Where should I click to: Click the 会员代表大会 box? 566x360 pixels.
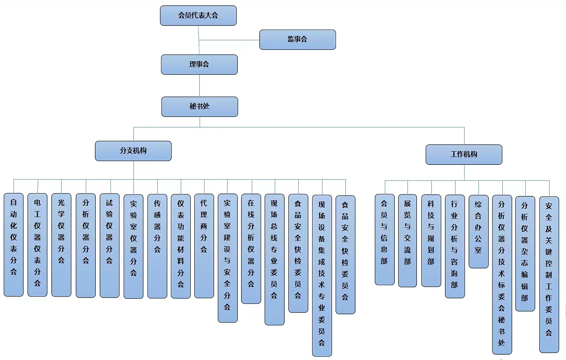coord(198,16)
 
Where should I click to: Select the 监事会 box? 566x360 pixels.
coord(297,39)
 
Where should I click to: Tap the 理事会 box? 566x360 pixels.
coord(199,65)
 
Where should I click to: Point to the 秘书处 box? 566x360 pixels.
coord(200,106)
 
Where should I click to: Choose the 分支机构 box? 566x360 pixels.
coord(133,151)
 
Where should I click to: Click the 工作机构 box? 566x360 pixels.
coord(464,155)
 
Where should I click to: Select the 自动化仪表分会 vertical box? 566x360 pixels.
coord(14,245)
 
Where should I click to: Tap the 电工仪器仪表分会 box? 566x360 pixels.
coord(37,245)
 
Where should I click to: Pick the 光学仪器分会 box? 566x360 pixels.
coord(61,245)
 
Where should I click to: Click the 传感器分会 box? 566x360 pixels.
coord(157,246)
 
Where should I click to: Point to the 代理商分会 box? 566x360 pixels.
coord(204,246)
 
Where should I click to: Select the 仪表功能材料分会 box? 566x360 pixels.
coord(181,246)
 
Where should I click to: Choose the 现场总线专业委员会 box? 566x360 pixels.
coord(274,259)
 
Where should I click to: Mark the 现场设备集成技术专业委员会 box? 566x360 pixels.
coord(322,275)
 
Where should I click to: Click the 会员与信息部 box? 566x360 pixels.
coord(384,239)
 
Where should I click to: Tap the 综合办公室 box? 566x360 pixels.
coord(479,231)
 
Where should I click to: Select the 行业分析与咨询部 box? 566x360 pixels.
coord(455,246)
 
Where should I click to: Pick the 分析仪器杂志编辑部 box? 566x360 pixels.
coord(525,253)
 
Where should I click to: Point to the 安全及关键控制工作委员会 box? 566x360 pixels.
coord(549,274)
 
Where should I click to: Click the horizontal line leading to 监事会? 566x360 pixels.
coord(229,40)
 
